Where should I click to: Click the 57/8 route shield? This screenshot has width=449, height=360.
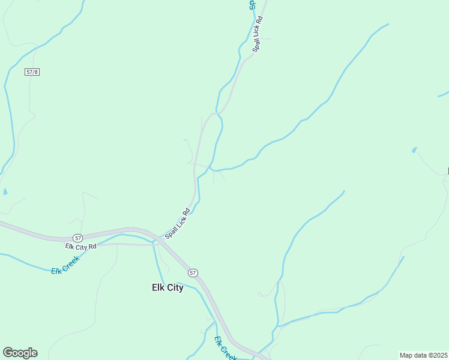click(x=32, y=72)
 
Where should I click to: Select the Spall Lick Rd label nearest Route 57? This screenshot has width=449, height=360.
click(x=178, y=223)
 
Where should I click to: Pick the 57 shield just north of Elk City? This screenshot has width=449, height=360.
click(x=192, y=272)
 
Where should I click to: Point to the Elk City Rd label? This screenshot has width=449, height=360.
click(x=81, y=247)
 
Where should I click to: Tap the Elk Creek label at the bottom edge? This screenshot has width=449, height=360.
click(x=224, y=349)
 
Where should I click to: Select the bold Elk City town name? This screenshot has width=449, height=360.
click(x=167, y=288)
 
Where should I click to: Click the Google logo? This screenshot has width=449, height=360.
click(x=20, y=353)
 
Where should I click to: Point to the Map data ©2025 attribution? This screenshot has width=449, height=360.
click(x=423, y=355)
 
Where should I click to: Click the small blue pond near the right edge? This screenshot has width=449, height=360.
click(x=414, y=150)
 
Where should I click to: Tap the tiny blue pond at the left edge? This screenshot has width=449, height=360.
click(x=5, y=192)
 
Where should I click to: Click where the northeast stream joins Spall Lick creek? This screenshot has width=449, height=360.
click(x=214, y=169)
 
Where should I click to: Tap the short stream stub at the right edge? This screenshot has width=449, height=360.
click(x=444, y=94)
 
